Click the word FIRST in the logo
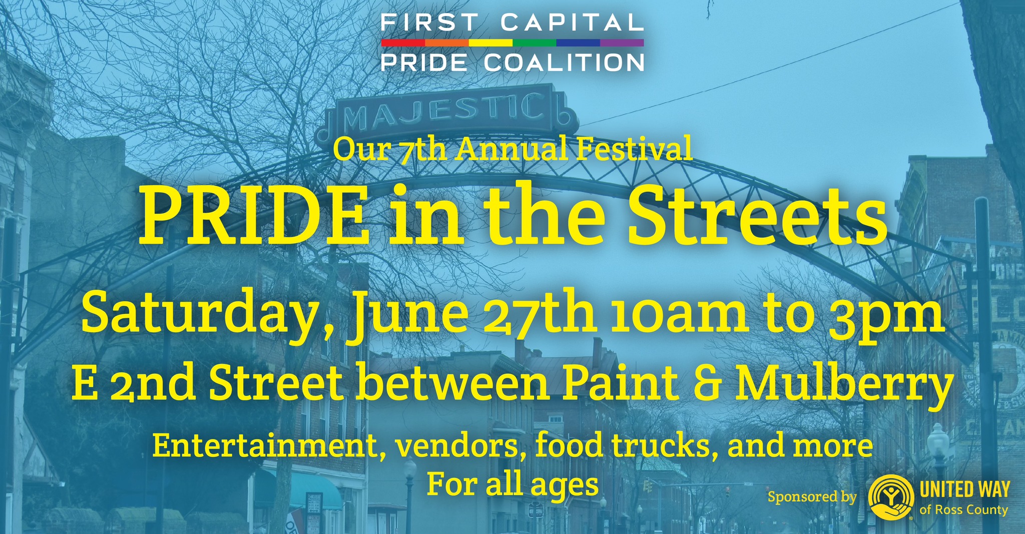[428, 23]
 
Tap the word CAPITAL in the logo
[572, 23]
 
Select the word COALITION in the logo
[564, 63]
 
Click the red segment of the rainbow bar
[403, 43]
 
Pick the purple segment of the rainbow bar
[622, 43]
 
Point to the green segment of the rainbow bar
[535, 43]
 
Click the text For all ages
[512, 484]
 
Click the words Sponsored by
[812, 497]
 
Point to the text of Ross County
[963, 509]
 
